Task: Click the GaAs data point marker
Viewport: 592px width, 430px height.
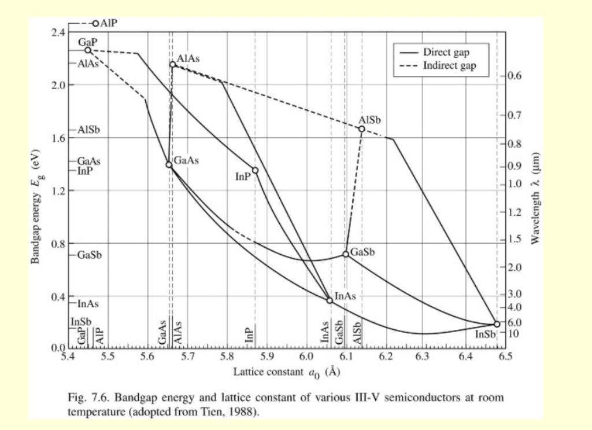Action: [169, 165]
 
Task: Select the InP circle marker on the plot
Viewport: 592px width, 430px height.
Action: [255, 171]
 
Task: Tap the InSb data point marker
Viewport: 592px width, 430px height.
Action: [497, 325]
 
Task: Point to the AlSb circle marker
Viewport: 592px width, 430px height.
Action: [362, 129]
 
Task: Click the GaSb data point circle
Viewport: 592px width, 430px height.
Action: [346, 254]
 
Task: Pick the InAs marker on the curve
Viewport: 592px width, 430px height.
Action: [330, 300]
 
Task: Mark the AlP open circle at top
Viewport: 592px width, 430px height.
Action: [95, 23]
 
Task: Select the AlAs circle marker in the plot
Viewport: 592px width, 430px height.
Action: [172, 64]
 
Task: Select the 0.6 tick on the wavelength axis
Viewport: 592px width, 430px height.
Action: [516, 76]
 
